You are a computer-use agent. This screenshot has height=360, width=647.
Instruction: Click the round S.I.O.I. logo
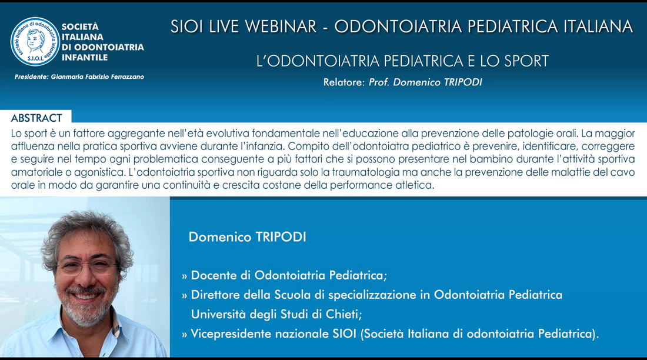click(35, 42)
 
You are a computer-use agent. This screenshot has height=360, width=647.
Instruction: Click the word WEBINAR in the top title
click(281, 27)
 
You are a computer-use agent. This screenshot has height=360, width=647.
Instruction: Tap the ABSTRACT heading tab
click(36, 118)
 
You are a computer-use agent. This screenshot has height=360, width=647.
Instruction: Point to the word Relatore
click(343, 82)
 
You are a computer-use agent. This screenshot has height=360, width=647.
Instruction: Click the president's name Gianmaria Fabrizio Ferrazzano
click(98, 77)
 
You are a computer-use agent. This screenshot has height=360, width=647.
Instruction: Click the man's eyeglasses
click(86, 265)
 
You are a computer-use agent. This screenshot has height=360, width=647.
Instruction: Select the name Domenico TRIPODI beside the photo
click(247, 237)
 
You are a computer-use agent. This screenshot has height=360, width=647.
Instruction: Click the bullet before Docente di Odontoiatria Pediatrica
click(185, 276)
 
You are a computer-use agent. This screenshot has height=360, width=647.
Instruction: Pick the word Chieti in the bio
click(343, 314)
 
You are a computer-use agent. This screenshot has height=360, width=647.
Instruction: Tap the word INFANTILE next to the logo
click(85, 58)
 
